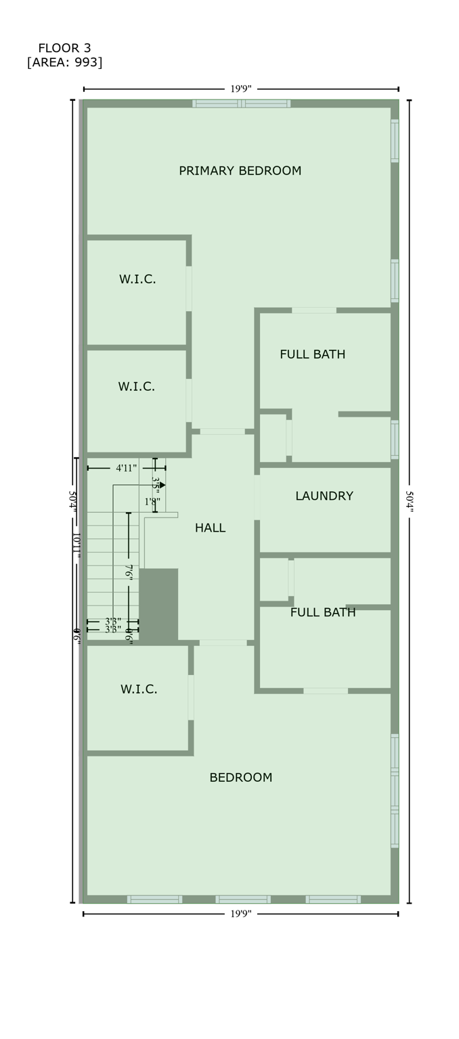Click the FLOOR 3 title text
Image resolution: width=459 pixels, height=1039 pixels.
64,48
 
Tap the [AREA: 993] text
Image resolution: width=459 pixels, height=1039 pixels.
64,63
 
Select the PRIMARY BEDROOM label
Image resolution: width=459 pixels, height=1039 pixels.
240,171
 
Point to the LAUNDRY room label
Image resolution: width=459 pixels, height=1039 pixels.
324,496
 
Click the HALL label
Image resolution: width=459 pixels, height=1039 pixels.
210,528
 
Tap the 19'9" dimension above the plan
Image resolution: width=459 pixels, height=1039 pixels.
240,89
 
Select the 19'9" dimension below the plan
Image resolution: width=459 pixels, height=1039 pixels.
240,914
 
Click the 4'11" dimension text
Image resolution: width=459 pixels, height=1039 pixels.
126,468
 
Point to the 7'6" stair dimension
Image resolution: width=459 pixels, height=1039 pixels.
129,572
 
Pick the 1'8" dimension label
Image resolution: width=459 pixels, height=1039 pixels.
152,502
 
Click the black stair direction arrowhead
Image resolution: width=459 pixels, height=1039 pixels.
162,485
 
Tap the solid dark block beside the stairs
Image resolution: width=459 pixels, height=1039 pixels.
158,604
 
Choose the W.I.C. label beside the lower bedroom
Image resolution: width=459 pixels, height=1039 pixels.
139,689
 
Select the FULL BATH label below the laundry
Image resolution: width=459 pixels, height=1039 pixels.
323,613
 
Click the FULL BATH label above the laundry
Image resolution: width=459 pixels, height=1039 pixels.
312,354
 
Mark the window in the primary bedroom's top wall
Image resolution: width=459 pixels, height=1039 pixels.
241,103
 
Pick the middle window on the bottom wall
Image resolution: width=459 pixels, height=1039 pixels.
242,899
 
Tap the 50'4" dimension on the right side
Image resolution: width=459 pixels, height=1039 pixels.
409,501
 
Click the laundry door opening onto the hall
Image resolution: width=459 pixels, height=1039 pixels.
257,497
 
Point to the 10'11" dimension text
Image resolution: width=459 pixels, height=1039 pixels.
76,545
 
